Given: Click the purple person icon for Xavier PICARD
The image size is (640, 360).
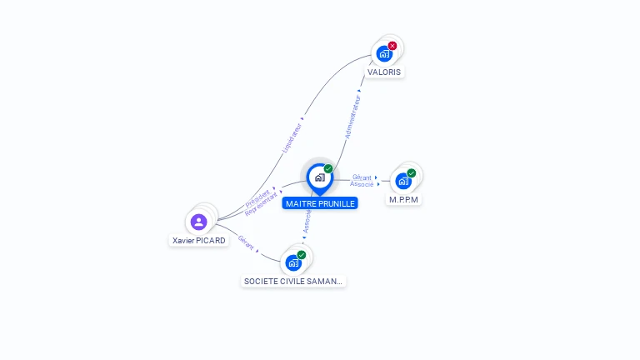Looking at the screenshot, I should pyautogui.click(x=198, y=222).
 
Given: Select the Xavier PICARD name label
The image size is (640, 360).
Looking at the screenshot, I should pyautogui.click(x=198, y=241).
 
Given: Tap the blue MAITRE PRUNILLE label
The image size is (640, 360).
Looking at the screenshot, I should pyautogui.click(x=319, y=203).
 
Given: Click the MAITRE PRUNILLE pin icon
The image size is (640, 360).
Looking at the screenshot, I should pyautogui.click(x=319, y=177).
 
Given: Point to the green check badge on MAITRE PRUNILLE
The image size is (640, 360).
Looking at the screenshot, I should pyautogui.click(x=328, y=168).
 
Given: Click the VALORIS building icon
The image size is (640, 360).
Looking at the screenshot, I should pyautogui.click(x=383, y=53).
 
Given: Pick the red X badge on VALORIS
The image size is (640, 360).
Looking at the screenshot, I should pyautogui.click(x=392, y=45).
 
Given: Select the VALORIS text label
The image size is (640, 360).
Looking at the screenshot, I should pyautogui.click(x=384, y=72).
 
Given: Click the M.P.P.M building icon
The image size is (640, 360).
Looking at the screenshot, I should pyautogui.click(x=403, y=181).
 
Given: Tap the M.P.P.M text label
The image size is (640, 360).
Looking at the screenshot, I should pyautogui.click(x=403, y=200).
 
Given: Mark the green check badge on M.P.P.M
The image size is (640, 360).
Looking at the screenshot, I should pyautogui.click(x=412, y=172).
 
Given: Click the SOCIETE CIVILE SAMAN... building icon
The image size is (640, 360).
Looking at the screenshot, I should pyautogui.click(x=292, y=262).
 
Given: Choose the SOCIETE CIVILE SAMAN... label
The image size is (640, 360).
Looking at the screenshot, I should pyautogui.click(x=292, y=282).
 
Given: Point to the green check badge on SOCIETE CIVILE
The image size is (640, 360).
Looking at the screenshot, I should pyautogui.click(x=302, y=254).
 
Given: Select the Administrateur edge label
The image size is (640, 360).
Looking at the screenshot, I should pyautogui.click(x=353, y=116).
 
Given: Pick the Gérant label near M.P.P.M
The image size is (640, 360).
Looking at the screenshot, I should pyautogui.click(x=362, y=177).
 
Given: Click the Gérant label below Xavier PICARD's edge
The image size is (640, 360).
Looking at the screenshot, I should pyautogui.click(x=246, y=242).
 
